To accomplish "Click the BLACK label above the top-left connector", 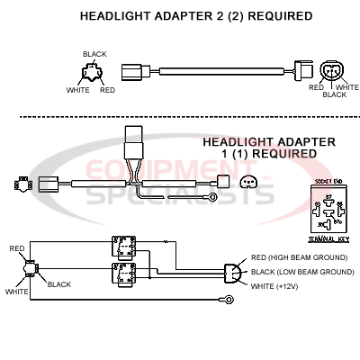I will coord(94,54).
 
